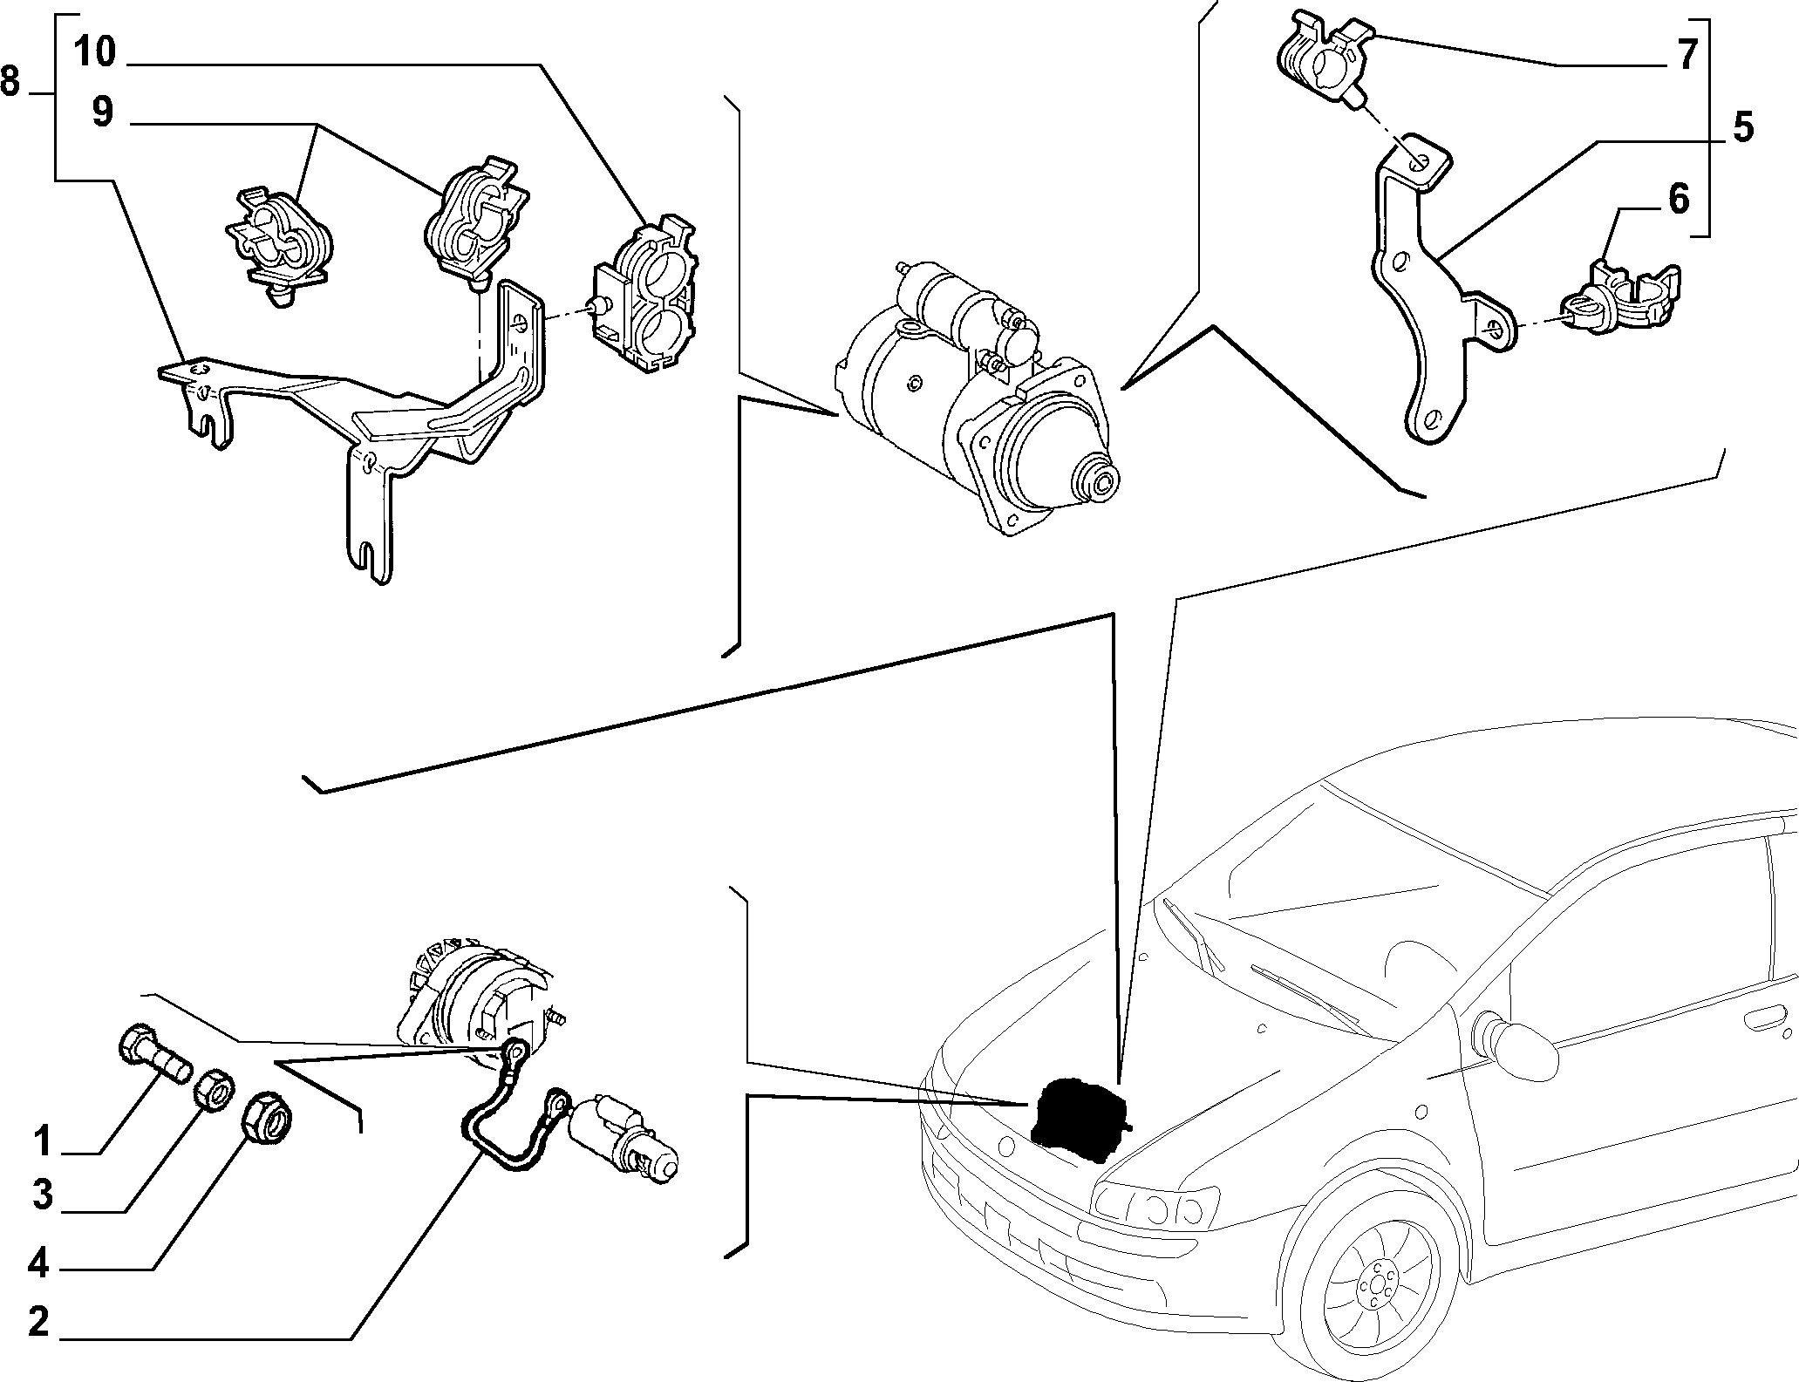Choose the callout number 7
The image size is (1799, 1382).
pyautogui.click(x=1687, y=54)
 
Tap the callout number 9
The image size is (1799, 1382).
pyautogui.click(x=103, y=112)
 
